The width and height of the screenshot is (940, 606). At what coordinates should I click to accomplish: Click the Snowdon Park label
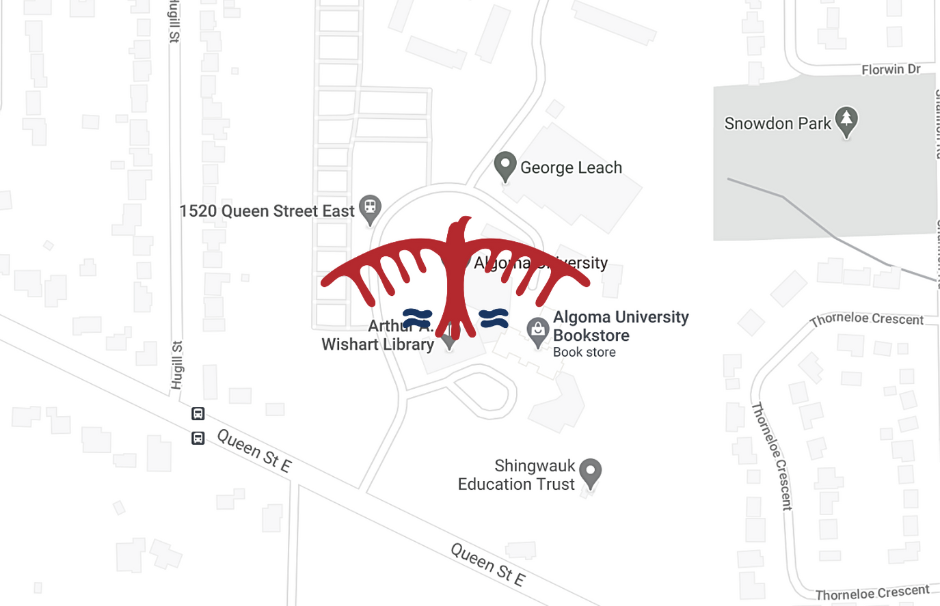coord(777,124)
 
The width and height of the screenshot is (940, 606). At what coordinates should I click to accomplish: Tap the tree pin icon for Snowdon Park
coord(846,120)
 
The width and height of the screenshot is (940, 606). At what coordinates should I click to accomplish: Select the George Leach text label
coord(571,167)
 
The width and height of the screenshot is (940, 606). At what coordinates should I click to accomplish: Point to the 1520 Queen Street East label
coord(267,211)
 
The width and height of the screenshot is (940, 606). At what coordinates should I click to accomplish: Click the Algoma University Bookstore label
coord(620,326)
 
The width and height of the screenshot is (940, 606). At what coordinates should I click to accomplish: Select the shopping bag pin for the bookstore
coord(538,331)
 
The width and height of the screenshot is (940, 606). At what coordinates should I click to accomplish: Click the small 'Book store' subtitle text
coord(584,353)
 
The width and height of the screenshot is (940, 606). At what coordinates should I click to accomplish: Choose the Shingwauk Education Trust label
coord(517,475)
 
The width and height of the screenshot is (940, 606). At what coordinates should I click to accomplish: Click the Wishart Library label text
coord(378,344)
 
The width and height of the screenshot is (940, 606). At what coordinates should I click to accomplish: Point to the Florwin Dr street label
coord(890,70)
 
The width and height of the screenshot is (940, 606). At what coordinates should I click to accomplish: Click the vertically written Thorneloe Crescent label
coord(772,456)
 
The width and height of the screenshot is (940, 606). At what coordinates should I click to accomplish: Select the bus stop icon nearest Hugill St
coord(198,414)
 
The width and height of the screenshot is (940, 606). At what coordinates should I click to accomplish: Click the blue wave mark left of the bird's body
coord(417,318)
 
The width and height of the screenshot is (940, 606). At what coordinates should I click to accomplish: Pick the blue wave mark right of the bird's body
coord(494,318)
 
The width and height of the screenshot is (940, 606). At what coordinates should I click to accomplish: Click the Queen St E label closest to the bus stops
coord(254,450)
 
